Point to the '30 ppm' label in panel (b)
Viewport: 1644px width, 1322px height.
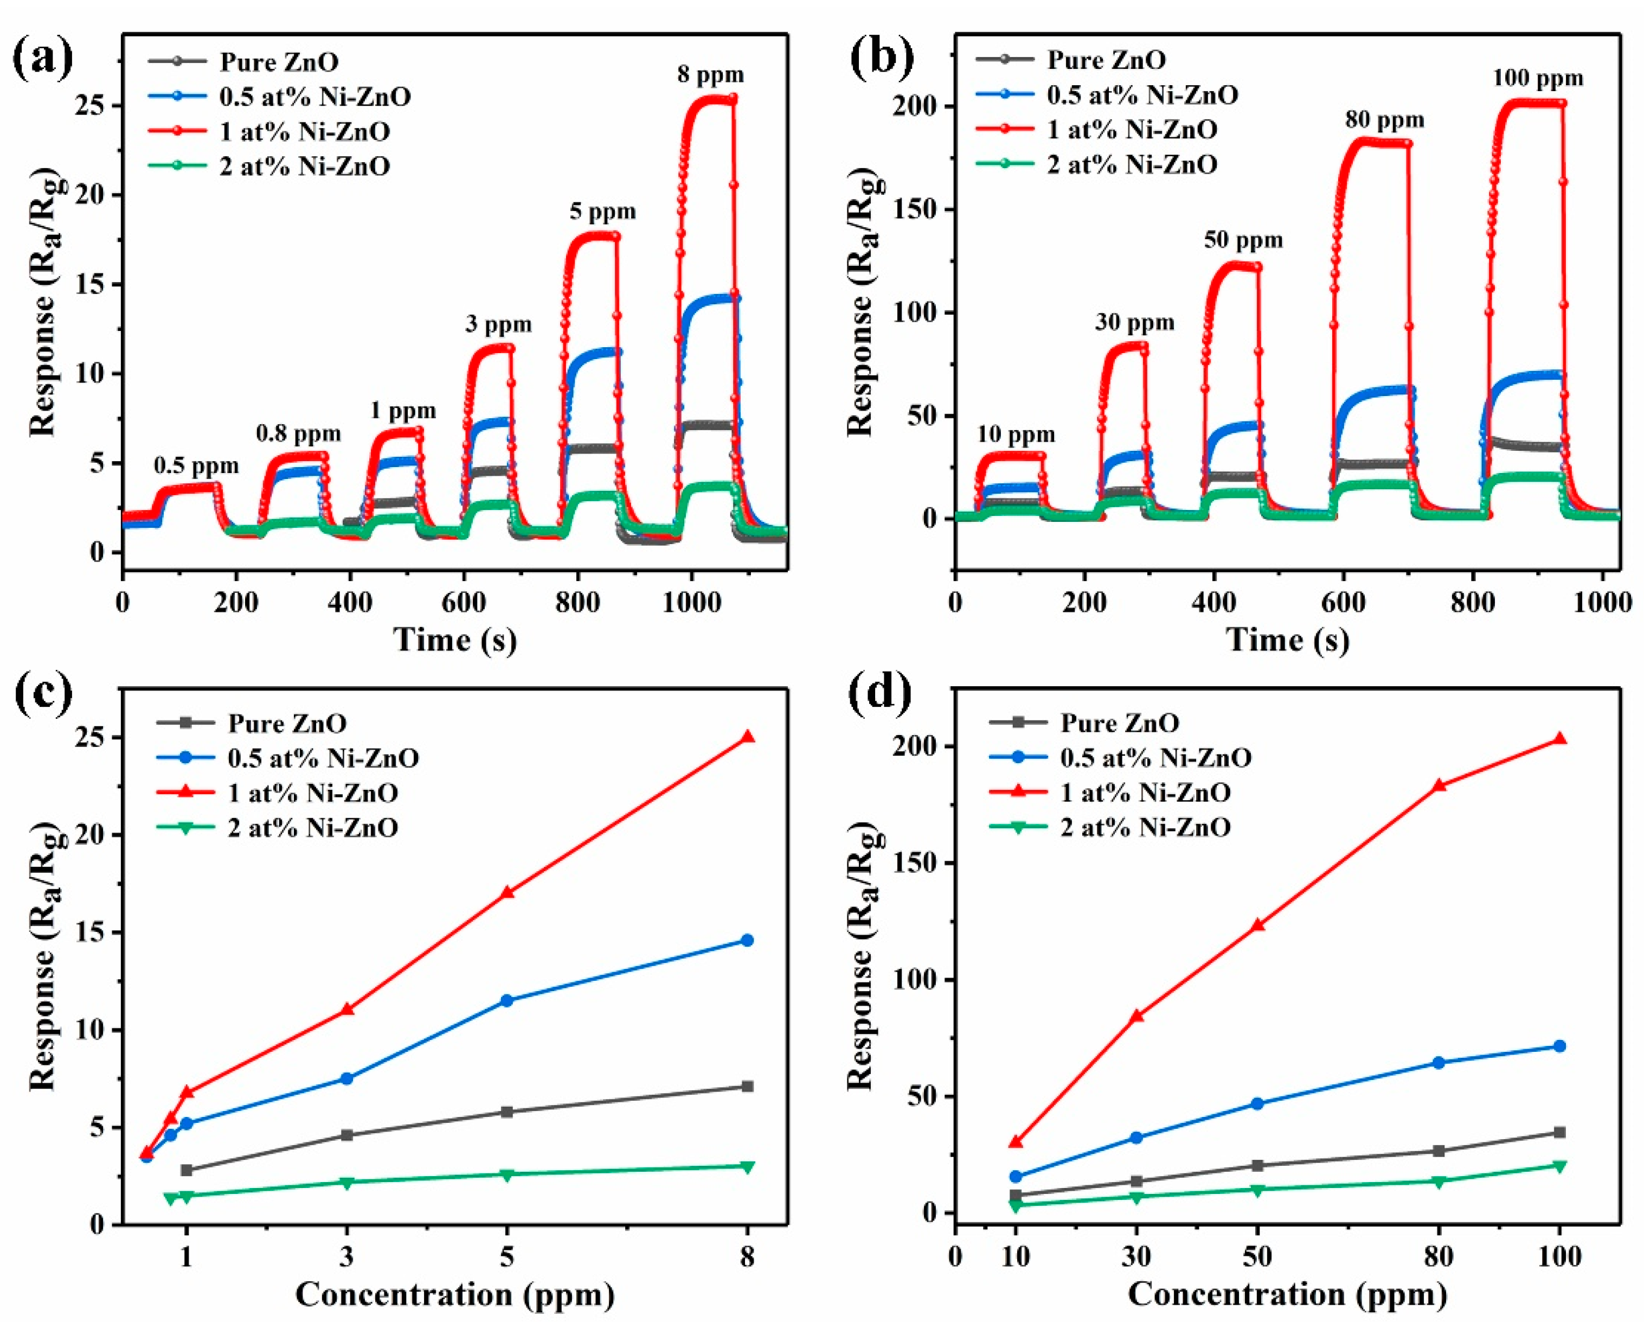tap(1135, 323)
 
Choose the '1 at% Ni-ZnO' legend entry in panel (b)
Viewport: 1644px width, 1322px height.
tap(1132, 130)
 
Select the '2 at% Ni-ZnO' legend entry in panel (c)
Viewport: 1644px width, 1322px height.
tap(313, 828)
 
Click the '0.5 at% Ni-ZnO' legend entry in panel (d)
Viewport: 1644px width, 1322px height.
tap(1155, 757)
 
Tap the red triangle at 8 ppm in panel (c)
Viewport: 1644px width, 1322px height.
tap(747, 737)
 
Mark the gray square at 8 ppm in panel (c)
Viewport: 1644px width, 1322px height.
tap(747, 1086)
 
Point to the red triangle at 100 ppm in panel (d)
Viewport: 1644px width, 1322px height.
tap(1559, 738)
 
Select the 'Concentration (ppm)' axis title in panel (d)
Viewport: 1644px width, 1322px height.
tap(1287, 1294)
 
